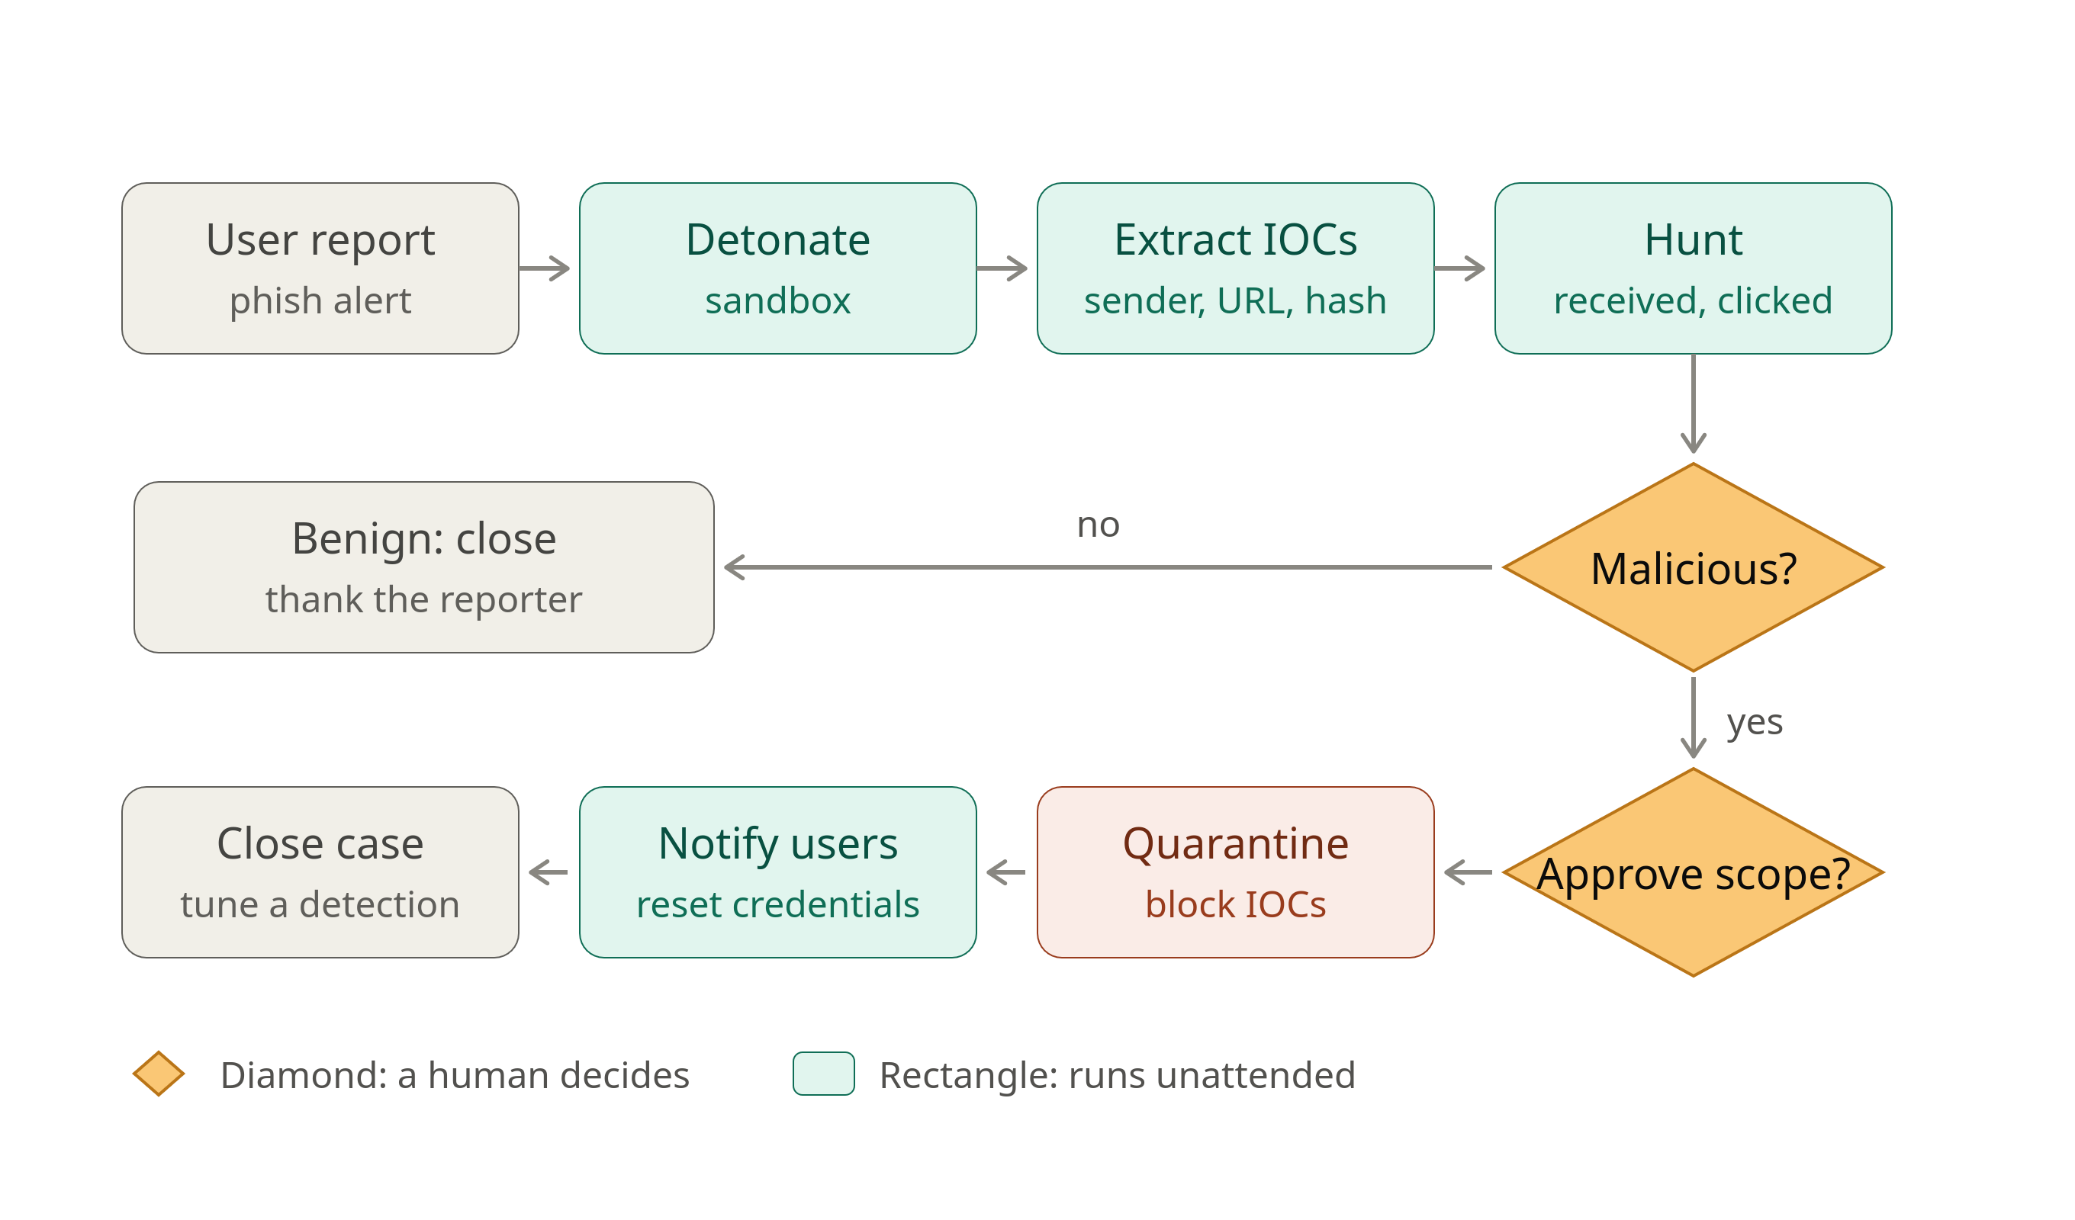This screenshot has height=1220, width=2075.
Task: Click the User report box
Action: coord(320,268)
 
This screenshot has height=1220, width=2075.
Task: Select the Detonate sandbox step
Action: coord(778,268)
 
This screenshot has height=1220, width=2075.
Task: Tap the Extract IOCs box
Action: coord(1236,268)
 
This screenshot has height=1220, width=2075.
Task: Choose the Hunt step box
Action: coord(1694,268)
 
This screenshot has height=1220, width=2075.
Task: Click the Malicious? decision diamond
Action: coord(1694,567)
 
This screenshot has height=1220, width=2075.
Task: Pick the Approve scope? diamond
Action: coord(1694,872)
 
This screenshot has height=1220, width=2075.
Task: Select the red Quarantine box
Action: coord(1236,872)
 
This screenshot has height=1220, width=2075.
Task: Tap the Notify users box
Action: coord(778,872)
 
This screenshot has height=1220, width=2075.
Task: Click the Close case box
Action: coord(320,872)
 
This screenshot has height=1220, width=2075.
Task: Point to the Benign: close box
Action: coord(424,567)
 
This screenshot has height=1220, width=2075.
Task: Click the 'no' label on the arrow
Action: coord(1099,525)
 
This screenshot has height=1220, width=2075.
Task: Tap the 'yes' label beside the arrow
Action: coord(1755,723)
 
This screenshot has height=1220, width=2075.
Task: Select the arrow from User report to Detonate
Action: coord(544,268)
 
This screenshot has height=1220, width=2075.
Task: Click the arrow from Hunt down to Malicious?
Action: coord(1694,403)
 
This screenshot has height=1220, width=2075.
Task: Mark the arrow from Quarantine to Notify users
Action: coord(1006,872)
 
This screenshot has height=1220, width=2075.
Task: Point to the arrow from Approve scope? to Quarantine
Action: coord(1469,872)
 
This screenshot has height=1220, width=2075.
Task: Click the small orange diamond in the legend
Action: coord(159,1074)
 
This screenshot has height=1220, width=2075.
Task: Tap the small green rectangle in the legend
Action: coord(823,1074)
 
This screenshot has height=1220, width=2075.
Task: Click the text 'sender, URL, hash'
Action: coord(1236,301)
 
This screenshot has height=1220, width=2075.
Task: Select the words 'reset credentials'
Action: coord(778,906)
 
